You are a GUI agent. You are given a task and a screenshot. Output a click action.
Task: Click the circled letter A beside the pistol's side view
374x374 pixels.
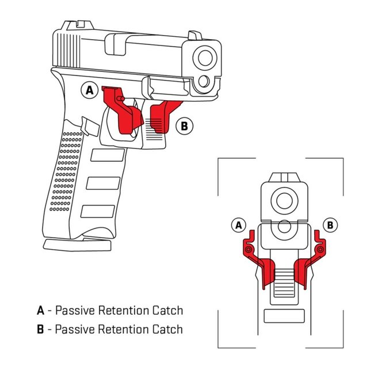click(89, 90)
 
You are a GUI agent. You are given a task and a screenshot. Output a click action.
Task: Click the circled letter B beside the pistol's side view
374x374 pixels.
click(183, 125)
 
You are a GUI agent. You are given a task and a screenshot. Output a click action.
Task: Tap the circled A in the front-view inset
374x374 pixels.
click(238, 225)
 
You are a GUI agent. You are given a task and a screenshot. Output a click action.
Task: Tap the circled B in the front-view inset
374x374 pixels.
click(330, 225)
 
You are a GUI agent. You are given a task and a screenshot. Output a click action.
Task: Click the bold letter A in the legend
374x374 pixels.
click(40, 311)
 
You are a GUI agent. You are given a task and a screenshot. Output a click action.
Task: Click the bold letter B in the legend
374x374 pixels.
click(40, 329)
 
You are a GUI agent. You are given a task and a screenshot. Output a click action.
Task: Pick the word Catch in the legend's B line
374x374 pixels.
click(167, 329)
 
